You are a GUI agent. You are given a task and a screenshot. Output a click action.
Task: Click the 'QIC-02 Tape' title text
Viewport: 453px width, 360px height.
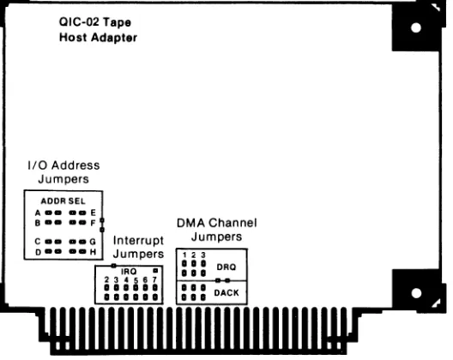tap(95, 22)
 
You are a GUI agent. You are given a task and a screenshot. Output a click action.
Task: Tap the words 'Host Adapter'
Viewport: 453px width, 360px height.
tap(98, 38)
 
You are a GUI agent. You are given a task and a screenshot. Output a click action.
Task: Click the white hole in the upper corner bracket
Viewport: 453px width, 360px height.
tap(416, 27)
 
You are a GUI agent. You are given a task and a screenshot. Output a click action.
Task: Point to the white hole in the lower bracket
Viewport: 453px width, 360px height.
tap(416, 293)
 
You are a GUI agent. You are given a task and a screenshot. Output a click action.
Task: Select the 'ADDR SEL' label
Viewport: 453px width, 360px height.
tap(63, 201)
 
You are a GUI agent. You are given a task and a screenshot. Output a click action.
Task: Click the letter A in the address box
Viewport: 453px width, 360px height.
tap(38, 213)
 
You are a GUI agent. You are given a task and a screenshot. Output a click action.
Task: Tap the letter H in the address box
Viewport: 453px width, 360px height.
tap(93, 252)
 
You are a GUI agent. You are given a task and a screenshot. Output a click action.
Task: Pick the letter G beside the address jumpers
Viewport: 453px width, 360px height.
tap(93, 242)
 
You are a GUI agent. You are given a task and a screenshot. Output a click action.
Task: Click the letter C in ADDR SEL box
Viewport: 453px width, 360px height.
tap(38, 242)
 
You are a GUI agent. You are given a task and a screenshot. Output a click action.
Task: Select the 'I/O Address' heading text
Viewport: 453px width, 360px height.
tap(63, 165)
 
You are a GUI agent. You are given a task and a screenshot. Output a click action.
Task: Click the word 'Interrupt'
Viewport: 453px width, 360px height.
tap(138, 241)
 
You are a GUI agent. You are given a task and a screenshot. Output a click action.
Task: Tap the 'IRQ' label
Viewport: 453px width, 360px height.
tap(129, 272)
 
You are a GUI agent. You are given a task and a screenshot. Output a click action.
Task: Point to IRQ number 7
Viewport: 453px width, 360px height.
tap(154, 279)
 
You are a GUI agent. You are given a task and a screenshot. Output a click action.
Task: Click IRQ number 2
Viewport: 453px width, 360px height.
tap(106, 279)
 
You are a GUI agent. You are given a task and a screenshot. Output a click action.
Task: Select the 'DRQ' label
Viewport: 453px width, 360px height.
tap(226, 267)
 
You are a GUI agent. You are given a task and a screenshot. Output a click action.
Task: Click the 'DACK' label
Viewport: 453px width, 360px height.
tap(226, 293)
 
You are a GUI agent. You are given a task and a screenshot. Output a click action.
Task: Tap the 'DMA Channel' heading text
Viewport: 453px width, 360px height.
tap(217, 223)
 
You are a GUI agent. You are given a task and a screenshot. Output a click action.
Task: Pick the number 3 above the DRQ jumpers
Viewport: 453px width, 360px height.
tap(203, 255)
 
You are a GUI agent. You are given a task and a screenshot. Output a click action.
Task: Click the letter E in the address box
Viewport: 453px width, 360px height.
tap(93, 213)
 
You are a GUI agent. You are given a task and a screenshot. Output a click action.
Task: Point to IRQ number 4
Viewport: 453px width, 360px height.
tap(126, 279)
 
